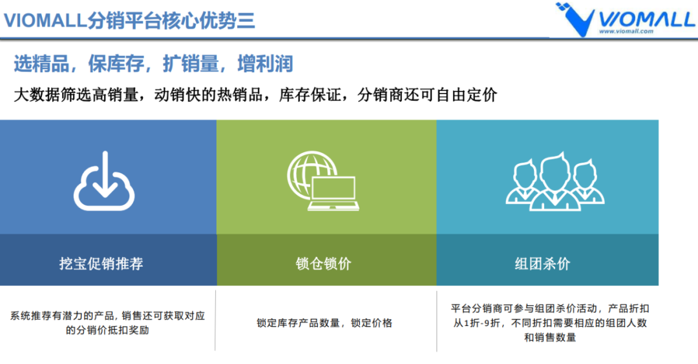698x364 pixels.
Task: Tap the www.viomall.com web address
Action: click(626, 30)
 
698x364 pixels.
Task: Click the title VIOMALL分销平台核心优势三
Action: click(129, 20)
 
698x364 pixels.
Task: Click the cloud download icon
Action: click(104, 181)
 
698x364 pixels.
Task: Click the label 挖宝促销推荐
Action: click(101, 263)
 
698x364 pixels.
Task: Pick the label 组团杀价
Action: click(542, 263)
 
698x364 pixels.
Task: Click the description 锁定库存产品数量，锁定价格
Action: click(324, 323)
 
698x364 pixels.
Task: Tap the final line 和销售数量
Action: click(549, 337)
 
